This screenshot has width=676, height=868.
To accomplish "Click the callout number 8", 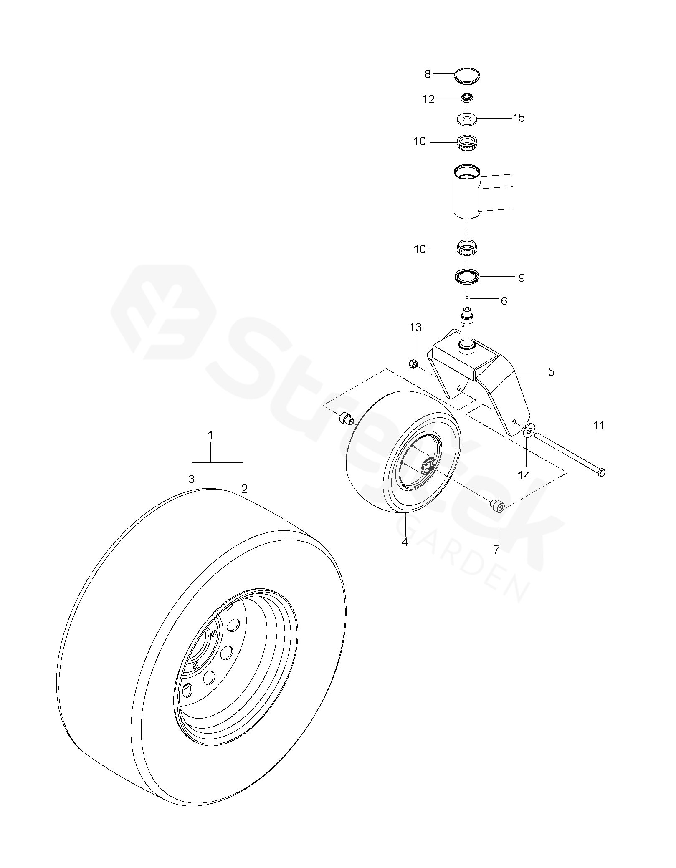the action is (427, 74).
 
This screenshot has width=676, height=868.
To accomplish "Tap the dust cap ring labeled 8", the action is (467, 77).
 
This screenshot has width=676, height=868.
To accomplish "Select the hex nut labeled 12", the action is (467, 98).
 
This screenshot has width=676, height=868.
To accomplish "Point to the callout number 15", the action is (519, 118).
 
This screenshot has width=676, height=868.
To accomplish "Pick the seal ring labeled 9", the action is (467, 277).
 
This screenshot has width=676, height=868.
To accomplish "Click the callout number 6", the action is (504, 301).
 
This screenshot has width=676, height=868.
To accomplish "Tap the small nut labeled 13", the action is (413, 364).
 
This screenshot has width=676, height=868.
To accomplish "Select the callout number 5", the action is (551, 372).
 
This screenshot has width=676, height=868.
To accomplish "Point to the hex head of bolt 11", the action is (601, 472).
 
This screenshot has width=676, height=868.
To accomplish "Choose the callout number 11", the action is (599, 426).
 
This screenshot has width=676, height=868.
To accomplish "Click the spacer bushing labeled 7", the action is (498, 507).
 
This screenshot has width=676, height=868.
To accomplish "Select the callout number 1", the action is (211, 435).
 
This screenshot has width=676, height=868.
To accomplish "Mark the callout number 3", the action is (191, 479).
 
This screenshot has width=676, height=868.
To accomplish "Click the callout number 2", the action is (244, 488).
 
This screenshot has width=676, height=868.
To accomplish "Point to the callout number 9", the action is (522, 278).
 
